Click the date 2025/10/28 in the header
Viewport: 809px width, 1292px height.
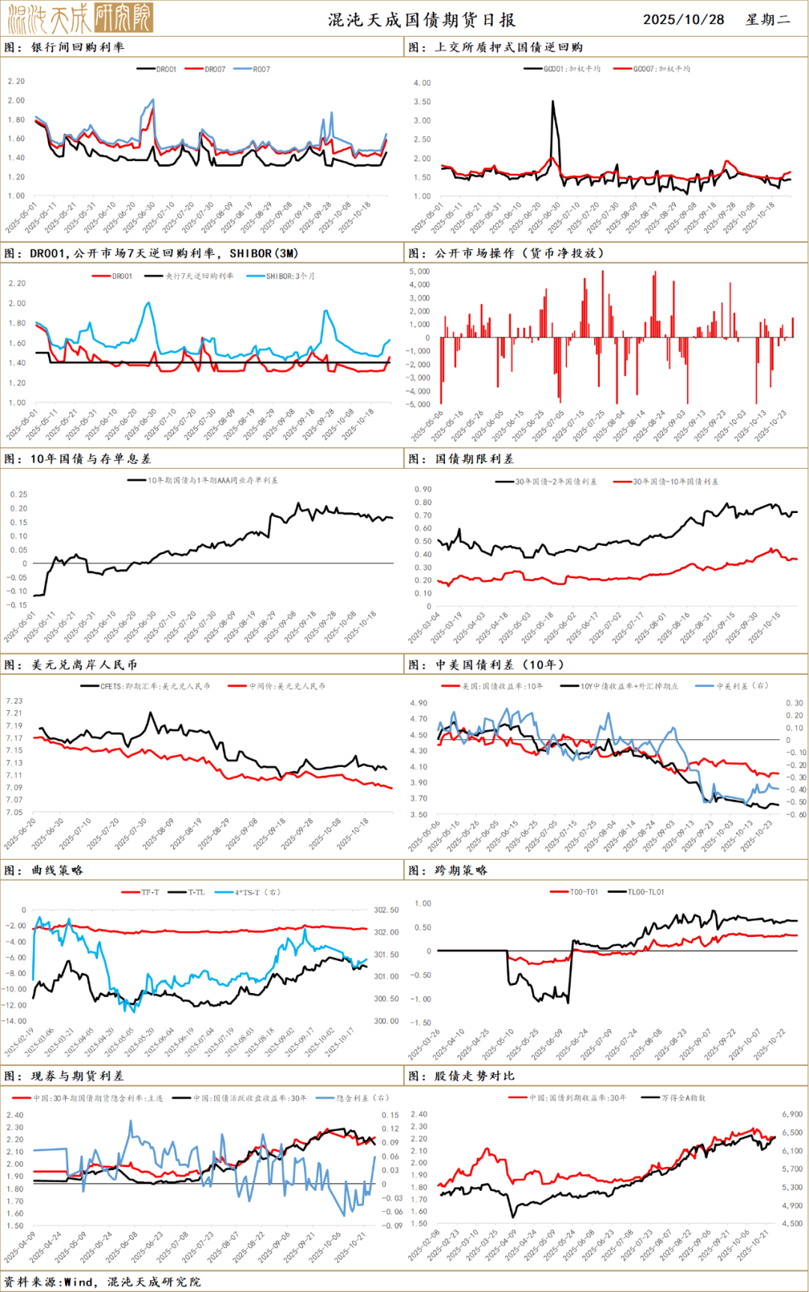click(683, 19)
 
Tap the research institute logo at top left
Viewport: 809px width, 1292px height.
click(80, 18)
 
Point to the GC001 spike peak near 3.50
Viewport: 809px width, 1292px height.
click(553, 102)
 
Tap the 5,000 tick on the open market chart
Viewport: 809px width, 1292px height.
click(419, 271)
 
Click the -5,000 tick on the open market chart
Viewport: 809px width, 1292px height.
click(418, 404)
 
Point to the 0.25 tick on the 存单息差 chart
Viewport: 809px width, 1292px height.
click(18, 494)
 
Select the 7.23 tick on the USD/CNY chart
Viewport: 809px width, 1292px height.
click(14, 701)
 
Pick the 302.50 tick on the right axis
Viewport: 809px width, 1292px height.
click(386, 910)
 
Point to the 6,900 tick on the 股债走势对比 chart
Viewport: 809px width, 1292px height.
click(792, 1114)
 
